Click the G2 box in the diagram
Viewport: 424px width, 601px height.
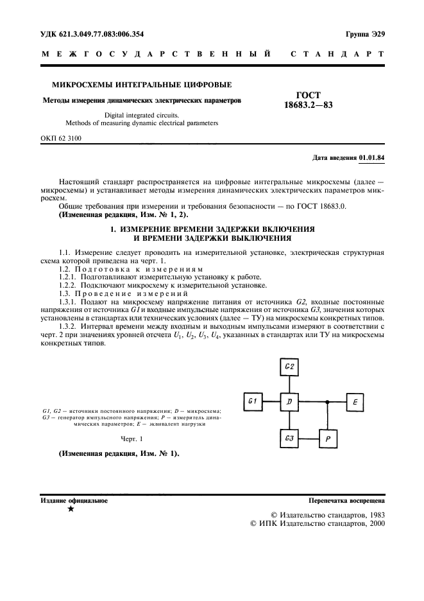pos(289,367)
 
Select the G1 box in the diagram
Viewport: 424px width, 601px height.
pos(253,402)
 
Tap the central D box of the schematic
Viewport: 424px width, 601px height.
pos(289,402)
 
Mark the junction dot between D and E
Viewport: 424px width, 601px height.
pos(328,402)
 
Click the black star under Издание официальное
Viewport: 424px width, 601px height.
pos(70,509)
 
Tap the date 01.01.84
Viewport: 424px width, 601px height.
pos(372,157)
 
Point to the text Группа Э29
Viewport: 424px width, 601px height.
pos(364,33)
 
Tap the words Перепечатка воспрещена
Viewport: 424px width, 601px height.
pos(346,500)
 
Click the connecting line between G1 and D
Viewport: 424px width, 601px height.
pos(271,402)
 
